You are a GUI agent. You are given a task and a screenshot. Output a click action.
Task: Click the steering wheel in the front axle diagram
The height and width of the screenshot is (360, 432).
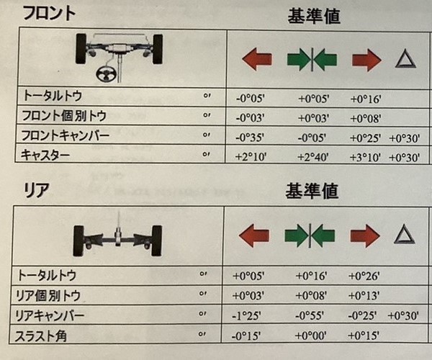106,73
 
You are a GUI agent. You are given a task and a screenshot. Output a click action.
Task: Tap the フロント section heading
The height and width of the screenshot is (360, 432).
49,14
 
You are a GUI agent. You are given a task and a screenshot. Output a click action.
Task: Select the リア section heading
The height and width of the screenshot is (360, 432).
37,190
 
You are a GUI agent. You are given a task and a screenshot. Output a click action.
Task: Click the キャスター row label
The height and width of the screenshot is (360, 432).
45,155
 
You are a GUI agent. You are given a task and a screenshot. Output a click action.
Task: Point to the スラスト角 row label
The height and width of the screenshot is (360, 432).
40,336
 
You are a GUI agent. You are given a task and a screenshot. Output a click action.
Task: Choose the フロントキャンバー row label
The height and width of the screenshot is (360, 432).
66,135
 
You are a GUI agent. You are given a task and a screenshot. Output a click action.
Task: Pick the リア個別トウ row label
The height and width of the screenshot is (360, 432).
48,295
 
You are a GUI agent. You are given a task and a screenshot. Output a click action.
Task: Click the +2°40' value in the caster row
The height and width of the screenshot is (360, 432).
313,157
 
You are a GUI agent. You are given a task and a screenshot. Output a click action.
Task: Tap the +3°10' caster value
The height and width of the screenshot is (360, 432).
365,158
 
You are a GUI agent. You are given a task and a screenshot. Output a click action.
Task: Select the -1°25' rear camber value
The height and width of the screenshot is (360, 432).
246,315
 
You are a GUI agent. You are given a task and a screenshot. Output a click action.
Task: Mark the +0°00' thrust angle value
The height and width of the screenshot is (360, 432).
311,336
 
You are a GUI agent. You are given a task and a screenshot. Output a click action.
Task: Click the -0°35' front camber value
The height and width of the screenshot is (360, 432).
250,138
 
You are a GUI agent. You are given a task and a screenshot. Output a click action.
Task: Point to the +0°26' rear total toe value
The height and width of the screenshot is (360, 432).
364,276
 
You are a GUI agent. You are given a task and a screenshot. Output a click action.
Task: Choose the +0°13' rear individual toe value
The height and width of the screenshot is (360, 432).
364,295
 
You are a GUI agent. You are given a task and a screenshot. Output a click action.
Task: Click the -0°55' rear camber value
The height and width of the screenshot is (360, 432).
310,315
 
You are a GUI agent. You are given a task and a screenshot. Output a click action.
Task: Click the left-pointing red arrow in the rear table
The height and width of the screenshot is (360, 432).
253,235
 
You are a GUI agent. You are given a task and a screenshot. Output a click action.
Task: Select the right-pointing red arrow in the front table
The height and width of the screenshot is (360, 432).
366,60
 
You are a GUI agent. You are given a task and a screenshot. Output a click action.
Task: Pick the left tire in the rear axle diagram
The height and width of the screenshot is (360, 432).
78,240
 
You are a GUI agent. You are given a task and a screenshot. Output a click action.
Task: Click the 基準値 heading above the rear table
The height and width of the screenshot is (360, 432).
312,191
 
